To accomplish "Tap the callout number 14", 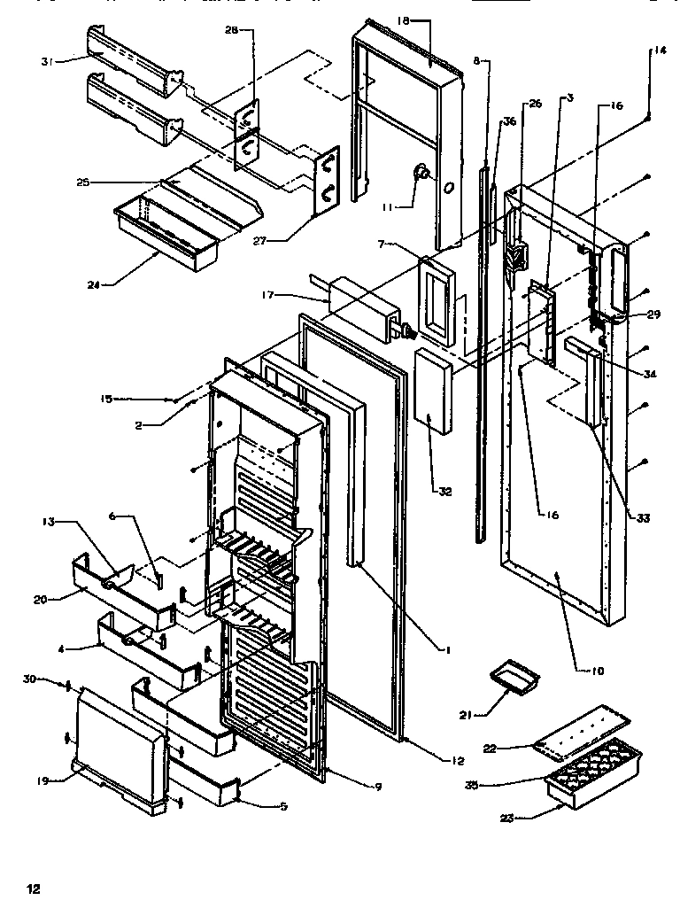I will (660, 50).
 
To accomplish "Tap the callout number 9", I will (378, 786).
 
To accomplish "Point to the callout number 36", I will (508, 121).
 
